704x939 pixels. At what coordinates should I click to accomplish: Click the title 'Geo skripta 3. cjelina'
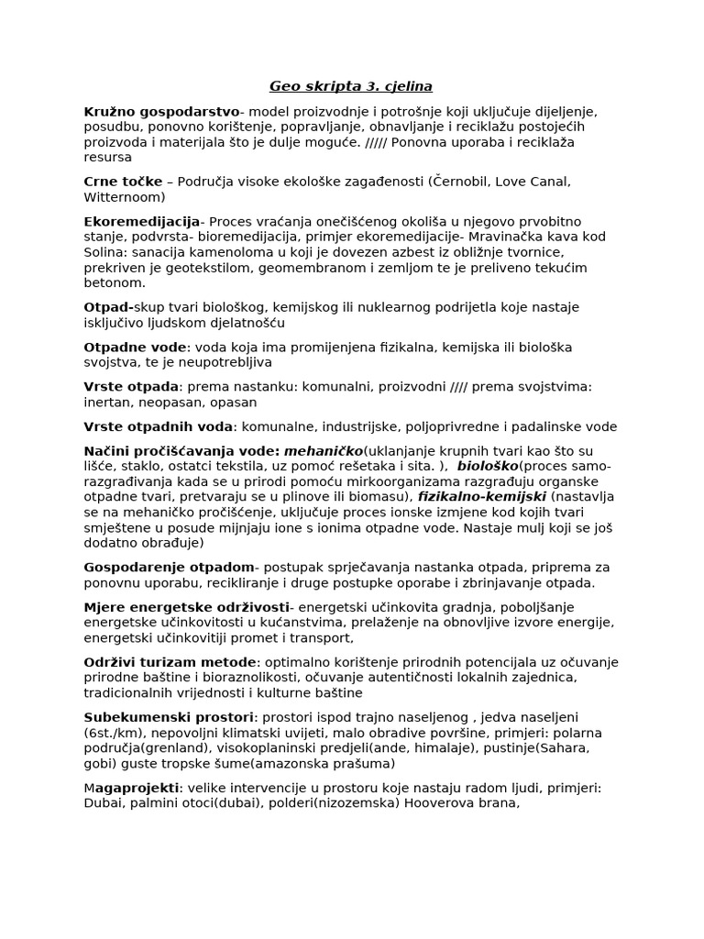351,87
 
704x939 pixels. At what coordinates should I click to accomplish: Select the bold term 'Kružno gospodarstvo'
161,112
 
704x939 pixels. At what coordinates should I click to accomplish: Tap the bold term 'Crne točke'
123,182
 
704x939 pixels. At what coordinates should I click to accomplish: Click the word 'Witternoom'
125,197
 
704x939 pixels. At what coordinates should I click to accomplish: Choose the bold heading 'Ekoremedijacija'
141,222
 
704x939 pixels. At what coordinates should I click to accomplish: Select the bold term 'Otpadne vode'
135,347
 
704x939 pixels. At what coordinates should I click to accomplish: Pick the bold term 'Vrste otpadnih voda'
159,426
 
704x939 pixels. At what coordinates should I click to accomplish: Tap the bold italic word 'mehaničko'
324,450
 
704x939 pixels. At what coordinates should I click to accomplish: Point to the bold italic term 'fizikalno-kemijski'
482,496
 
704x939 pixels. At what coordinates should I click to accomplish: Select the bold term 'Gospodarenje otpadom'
169,568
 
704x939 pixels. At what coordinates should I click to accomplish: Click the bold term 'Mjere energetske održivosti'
186,607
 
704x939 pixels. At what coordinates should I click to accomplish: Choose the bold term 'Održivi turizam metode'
170,662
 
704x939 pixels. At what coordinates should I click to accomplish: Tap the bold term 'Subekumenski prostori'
168,717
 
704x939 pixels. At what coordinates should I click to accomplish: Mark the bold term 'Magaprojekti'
132,788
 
